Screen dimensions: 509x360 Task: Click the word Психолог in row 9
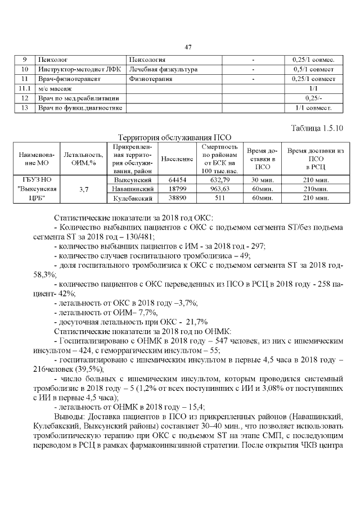click(x=52, y=60)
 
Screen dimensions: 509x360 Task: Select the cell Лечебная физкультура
click(x=163, y=69)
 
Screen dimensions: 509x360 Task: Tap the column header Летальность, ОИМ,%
click(x=84, y=159)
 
